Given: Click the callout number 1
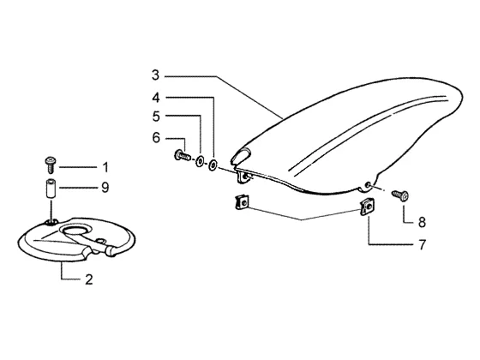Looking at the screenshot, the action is (x=105, y=167).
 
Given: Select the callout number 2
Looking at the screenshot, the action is (x=89, y=279).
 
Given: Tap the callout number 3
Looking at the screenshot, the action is (x=156, y=75).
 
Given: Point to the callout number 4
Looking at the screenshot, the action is (x=156, y=98).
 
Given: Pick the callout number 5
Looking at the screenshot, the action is (x=156, y=117).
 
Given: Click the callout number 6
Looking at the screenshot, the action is (x=156, y=138).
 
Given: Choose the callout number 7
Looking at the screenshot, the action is (x=422, y=244).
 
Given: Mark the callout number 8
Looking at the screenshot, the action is (x=422, y=222).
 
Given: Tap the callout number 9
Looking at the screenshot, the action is (x=105, y=187).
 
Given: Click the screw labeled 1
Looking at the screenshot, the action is (x=51, y=165).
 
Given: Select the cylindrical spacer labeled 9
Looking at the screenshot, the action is (x=51, y=189).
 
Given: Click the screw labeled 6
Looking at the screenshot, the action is (x=183, y=155).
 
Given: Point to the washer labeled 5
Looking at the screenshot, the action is (x=201, y=161).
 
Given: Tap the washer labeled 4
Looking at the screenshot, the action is (x=213, y=165).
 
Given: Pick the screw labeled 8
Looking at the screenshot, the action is (x=400, y=195).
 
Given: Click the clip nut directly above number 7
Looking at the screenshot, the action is (x=367, y=207).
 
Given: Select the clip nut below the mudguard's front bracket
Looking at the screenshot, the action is (x=242, y=202).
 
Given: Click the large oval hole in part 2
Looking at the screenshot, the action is (x=76, y=231).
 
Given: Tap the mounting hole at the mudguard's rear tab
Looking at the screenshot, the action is (x=369, y=184).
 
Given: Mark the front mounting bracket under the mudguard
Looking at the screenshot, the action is (x=244, y=177).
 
